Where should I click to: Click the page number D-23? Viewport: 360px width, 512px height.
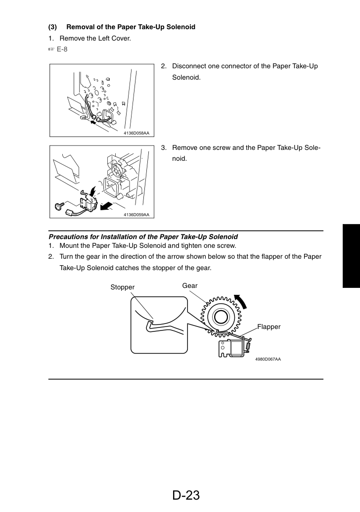tap(186, 495)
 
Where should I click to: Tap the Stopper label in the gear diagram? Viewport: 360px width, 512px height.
tap(123, 287)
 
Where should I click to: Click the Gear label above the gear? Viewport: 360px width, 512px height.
tap(189, 285)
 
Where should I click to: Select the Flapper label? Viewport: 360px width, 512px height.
tap(269, 326)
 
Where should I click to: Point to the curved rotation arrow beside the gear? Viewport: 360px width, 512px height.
tap(241, 301)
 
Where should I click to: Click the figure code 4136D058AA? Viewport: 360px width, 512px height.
tap(136, 133)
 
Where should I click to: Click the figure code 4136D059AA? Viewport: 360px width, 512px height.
tap(136, 215)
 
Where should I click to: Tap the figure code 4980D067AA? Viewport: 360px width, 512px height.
tap(268, 359)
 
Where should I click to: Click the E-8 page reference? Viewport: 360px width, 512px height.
tap(62, 49)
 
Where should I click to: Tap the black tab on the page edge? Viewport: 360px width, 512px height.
tap(351, 256)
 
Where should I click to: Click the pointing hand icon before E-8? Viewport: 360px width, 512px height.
tap(51, 49)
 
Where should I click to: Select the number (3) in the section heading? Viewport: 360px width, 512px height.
tap(52, 27)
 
